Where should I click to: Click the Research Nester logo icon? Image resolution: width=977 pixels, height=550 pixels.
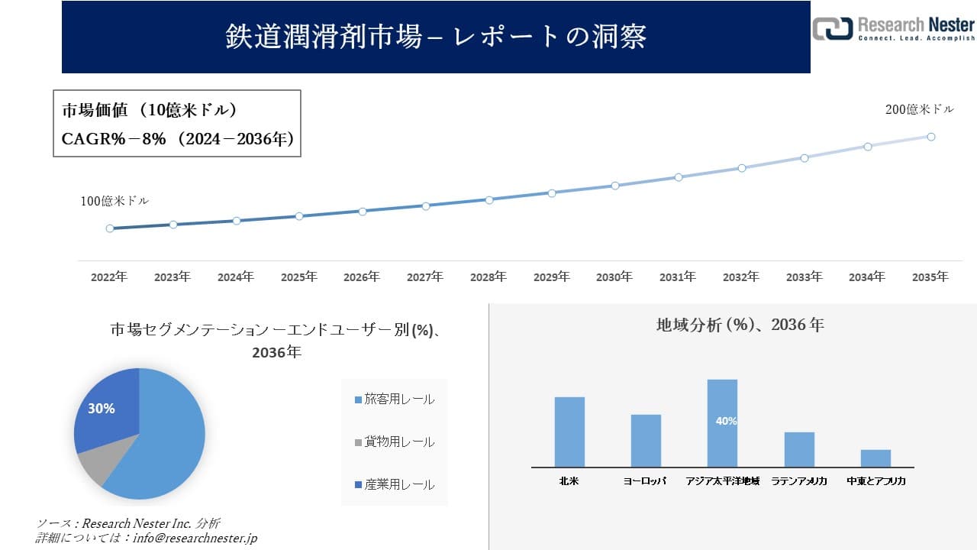831,28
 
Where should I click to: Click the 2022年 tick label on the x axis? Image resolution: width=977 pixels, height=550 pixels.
109,277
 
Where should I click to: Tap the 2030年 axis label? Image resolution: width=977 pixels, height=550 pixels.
614,277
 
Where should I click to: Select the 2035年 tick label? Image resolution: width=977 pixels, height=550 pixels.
930,277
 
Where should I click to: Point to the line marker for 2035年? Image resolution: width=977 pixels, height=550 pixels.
931,137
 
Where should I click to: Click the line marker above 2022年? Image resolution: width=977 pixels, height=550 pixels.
110,228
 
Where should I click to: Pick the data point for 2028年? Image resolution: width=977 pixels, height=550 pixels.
489,199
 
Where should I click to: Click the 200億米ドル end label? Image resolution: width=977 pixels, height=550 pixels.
919,110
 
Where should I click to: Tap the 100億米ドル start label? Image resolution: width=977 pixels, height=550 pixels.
114,202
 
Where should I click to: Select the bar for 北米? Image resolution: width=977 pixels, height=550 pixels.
569,432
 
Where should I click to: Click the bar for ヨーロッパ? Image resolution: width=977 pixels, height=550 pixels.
646,441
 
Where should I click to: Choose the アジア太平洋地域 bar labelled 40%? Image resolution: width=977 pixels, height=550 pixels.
722,422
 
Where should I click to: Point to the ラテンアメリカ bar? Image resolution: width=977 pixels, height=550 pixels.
799,449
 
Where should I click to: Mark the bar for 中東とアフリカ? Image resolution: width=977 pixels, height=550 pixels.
875,458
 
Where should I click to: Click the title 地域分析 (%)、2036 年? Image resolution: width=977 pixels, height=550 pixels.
740,325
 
